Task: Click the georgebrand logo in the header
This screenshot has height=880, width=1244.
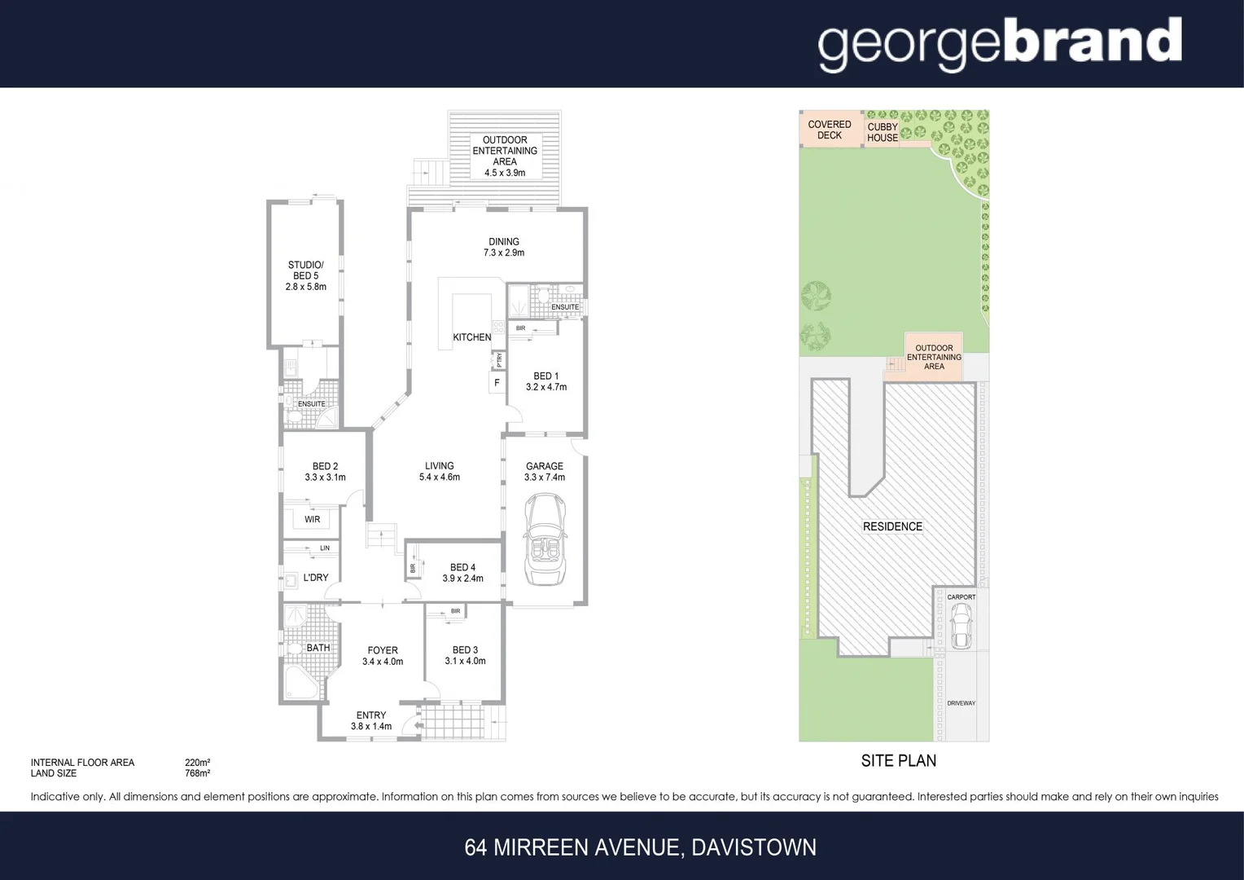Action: (x=999, y=44)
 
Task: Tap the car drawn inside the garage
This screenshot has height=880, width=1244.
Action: (x=545, y=541)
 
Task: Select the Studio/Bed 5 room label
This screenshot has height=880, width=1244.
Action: (x=305, y=275)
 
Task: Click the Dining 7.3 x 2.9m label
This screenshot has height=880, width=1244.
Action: (x=504, y=247)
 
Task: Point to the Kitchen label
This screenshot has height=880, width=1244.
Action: (x=472, y=337)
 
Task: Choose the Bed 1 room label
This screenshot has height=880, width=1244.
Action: (x=545, y=381)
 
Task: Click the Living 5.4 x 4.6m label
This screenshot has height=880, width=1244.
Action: (x=439, y=471)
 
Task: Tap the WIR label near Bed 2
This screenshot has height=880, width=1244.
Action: (x=313, y=519)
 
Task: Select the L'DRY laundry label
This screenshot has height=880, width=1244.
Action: (x=316, y=578)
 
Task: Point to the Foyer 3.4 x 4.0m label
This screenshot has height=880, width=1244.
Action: (x=383, y=656)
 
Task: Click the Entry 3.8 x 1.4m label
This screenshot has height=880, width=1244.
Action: (x=371, y=720)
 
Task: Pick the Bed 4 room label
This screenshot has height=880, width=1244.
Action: (x=462, y=573)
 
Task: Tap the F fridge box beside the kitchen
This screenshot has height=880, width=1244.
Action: (x=497, y=383)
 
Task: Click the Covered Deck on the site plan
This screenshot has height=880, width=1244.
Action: (x=830, y=130)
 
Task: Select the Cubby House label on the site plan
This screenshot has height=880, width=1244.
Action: (x=883, y=132)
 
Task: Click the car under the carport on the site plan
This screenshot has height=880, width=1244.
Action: (x=961, y=628)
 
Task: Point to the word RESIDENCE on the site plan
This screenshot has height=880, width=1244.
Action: (x=892, y=526)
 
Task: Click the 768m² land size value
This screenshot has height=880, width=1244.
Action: (x=198, y=773)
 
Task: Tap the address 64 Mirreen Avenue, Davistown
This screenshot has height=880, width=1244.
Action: (x=640, y=847)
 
